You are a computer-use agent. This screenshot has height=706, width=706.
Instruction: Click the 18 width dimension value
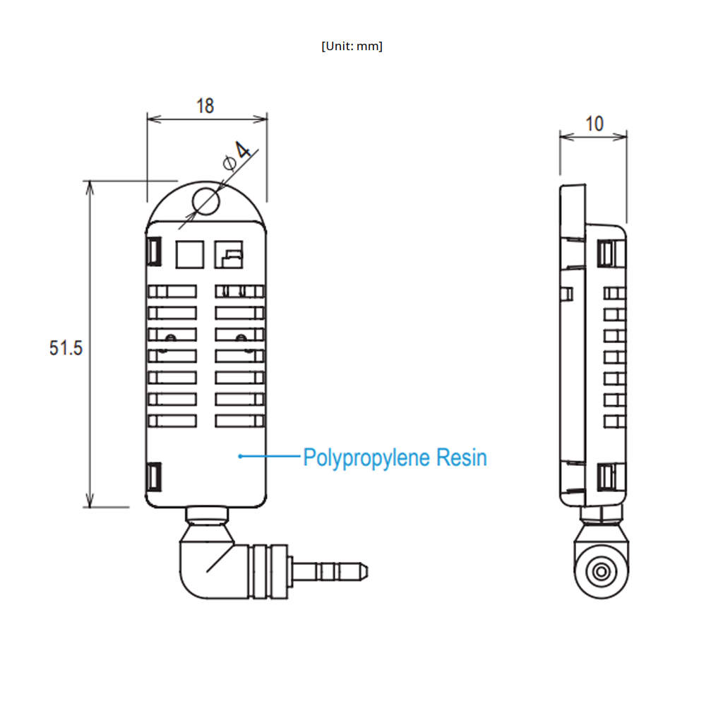pyautogui.click(x=205, y=106)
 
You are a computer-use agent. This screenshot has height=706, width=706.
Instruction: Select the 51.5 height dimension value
pyautogui.click(x=66, y=348)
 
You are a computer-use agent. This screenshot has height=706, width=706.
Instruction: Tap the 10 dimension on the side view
pyautogui.click(x=594, y=124)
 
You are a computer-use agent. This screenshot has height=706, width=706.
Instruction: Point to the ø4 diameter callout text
pyautogui.click(x=237, y=156)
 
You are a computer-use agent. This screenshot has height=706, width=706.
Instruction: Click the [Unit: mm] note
pyautogui.click(x=352, y=47)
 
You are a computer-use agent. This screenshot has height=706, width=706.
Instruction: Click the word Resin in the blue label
pyautogui.click(x=462, y=457)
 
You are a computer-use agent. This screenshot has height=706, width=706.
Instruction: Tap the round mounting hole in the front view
pyautogui.click(x=206, y=201)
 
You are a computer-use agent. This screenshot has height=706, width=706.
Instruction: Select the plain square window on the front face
pyautogui.click(x=189, y=253)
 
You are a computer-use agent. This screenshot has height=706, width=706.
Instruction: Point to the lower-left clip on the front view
pyautogui.click(x=155, y=477)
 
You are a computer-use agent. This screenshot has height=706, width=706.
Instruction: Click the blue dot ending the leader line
pyautogui.click(x=241, y=457)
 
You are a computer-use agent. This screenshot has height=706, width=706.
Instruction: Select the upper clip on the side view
pyautogui.click(x=605, y=253)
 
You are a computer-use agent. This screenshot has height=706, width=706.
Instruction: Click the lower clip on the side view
pyautogui.click(x=605, y=478)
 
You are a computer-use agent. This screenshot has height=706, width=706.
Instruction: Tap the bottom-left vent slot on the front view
pyautogui.click(x=172, y=420)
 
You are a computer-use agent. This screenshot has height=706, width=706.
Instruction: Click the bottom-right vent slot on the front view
pyautogui.click(x=240, y=420)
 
